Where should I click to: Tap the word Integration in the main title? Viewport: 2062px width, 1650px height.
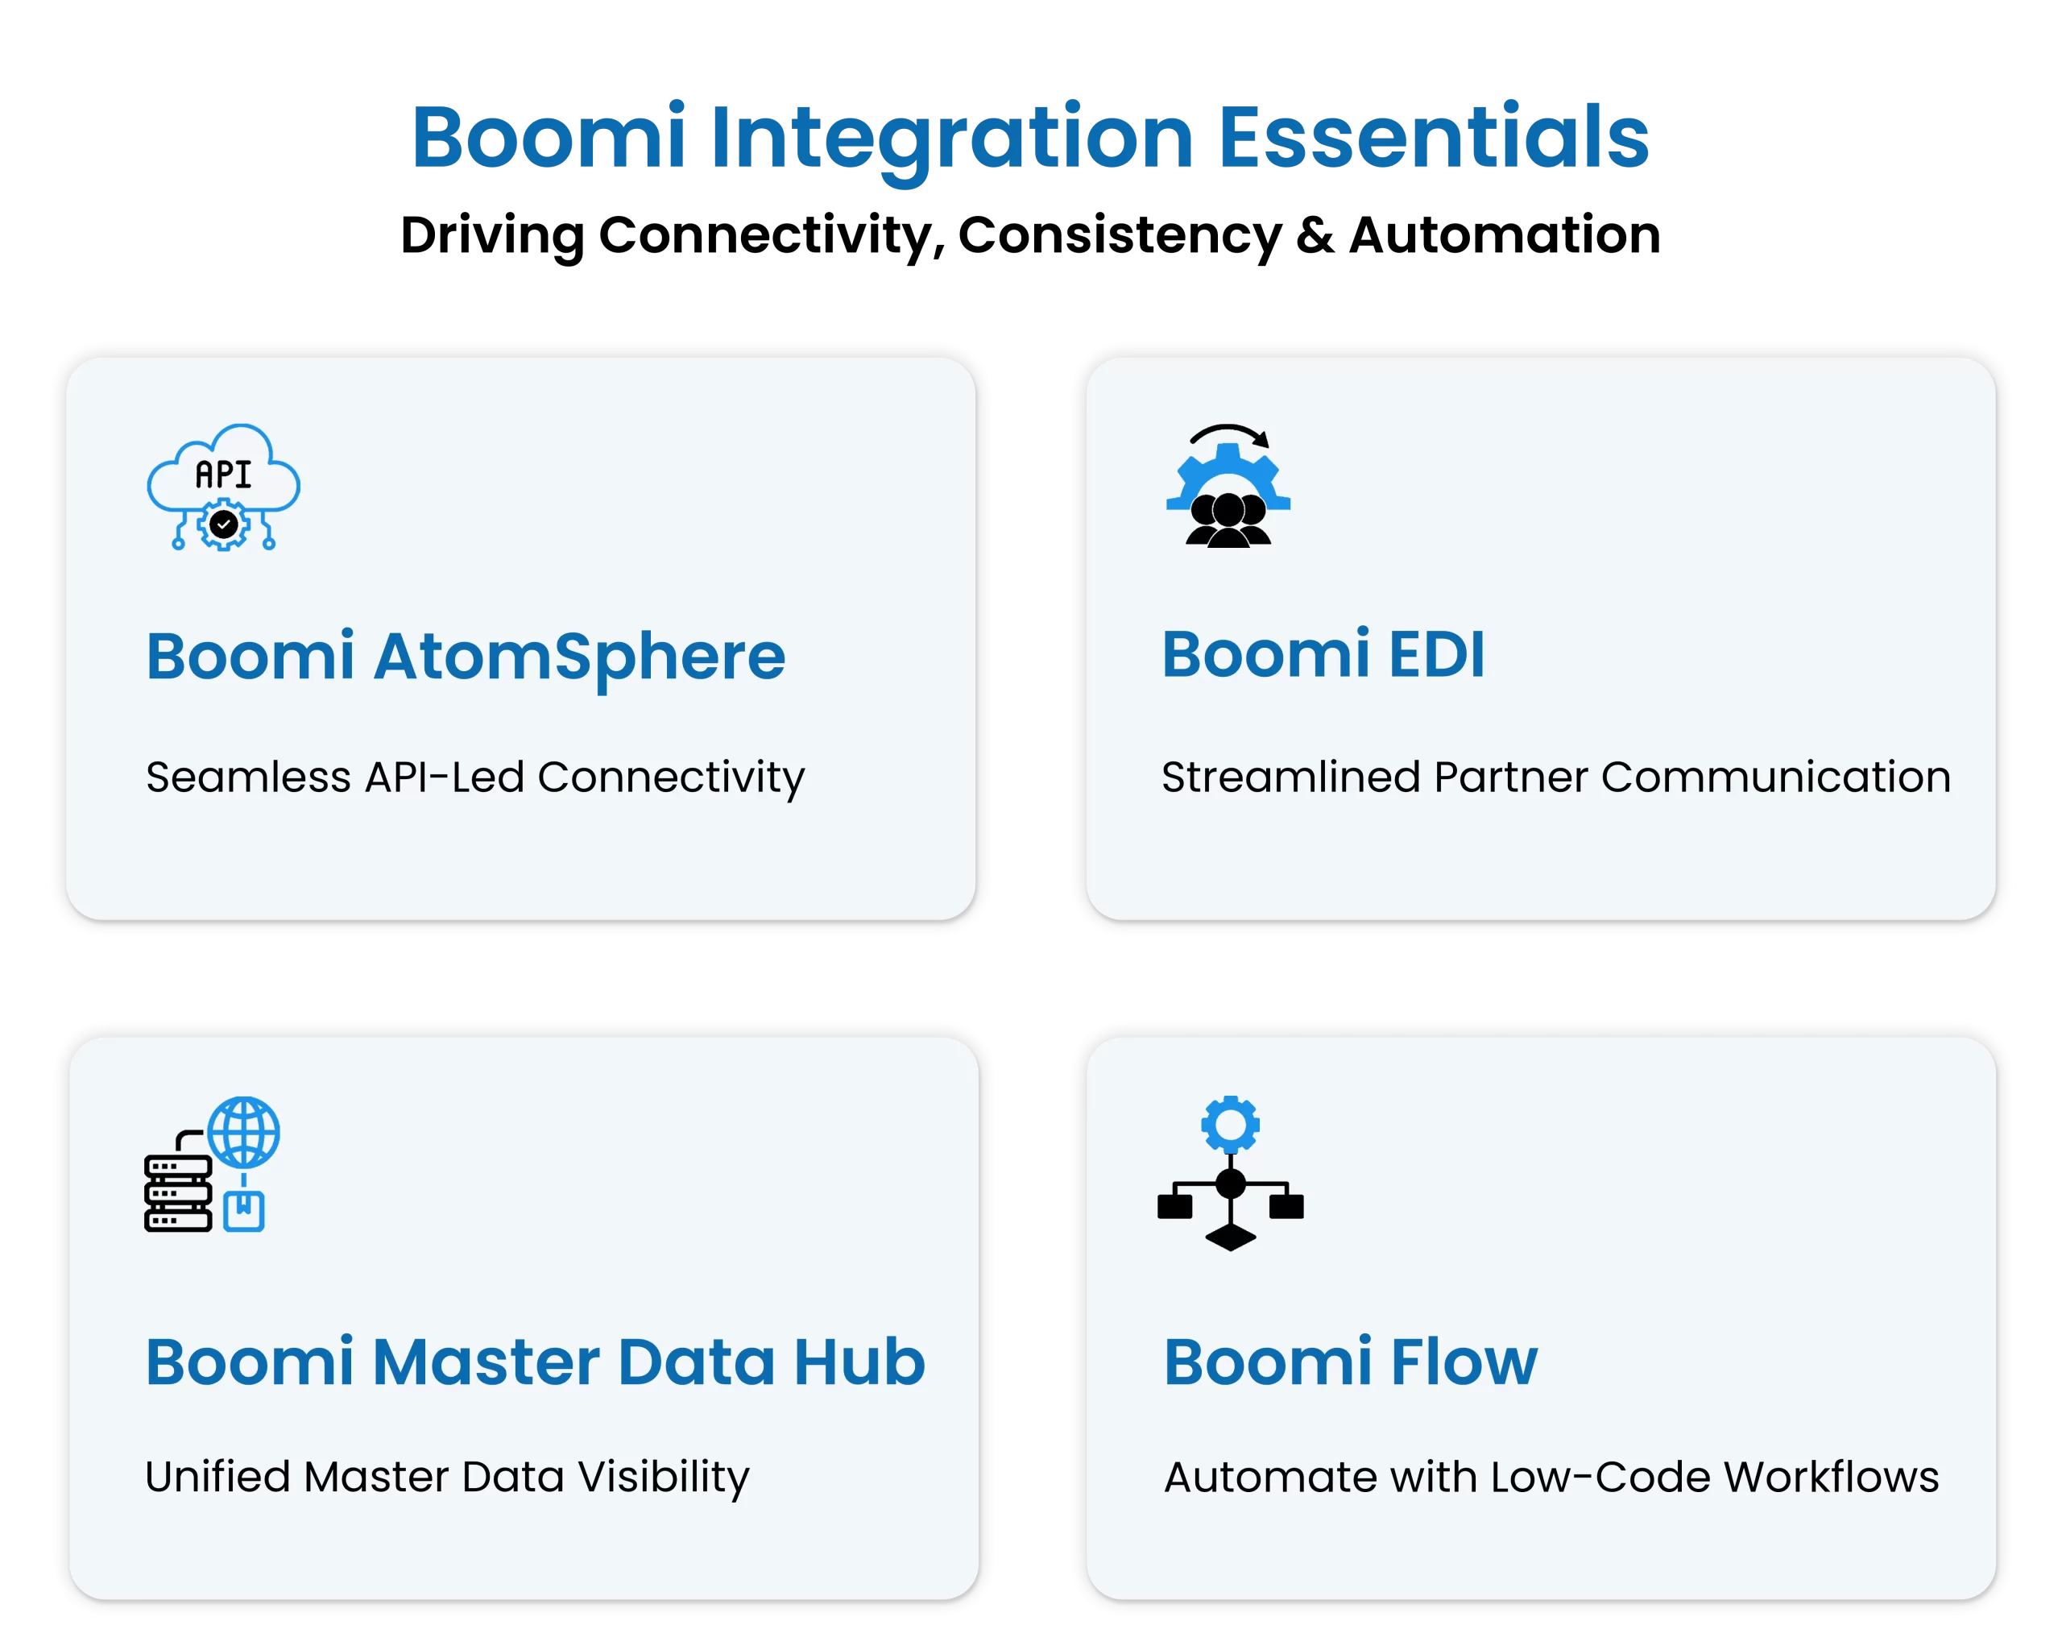point(950,139)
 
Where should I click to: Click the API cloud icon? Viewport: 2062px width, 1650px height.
point(223,486)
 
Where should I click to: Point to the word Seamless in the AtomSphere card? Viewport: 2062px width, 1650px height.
point(248,777)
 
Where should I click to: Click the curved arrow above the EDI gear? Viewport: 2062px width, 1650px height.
point(1230,433)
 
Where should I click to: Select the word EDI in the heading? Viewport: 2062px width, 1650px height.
point(1436,655)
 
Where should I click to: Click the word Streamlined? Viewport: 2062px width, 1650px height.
point(1291,777)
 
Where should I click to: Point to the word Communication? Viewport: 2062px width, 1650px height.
point(1776,777)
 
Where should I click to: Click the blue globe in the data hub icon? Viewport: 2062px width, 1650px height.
point(244,1132)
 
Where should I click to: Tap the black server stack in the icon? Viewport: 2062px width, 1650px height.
point(178,1194)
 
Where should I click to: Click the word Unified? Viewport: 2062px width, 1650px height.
point(217,1476)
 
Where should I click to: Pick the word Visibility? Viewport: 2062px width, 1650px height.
point(664,1476)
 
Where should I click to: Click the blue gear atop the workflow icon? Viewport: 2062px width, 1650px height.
point(1230,1124)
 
